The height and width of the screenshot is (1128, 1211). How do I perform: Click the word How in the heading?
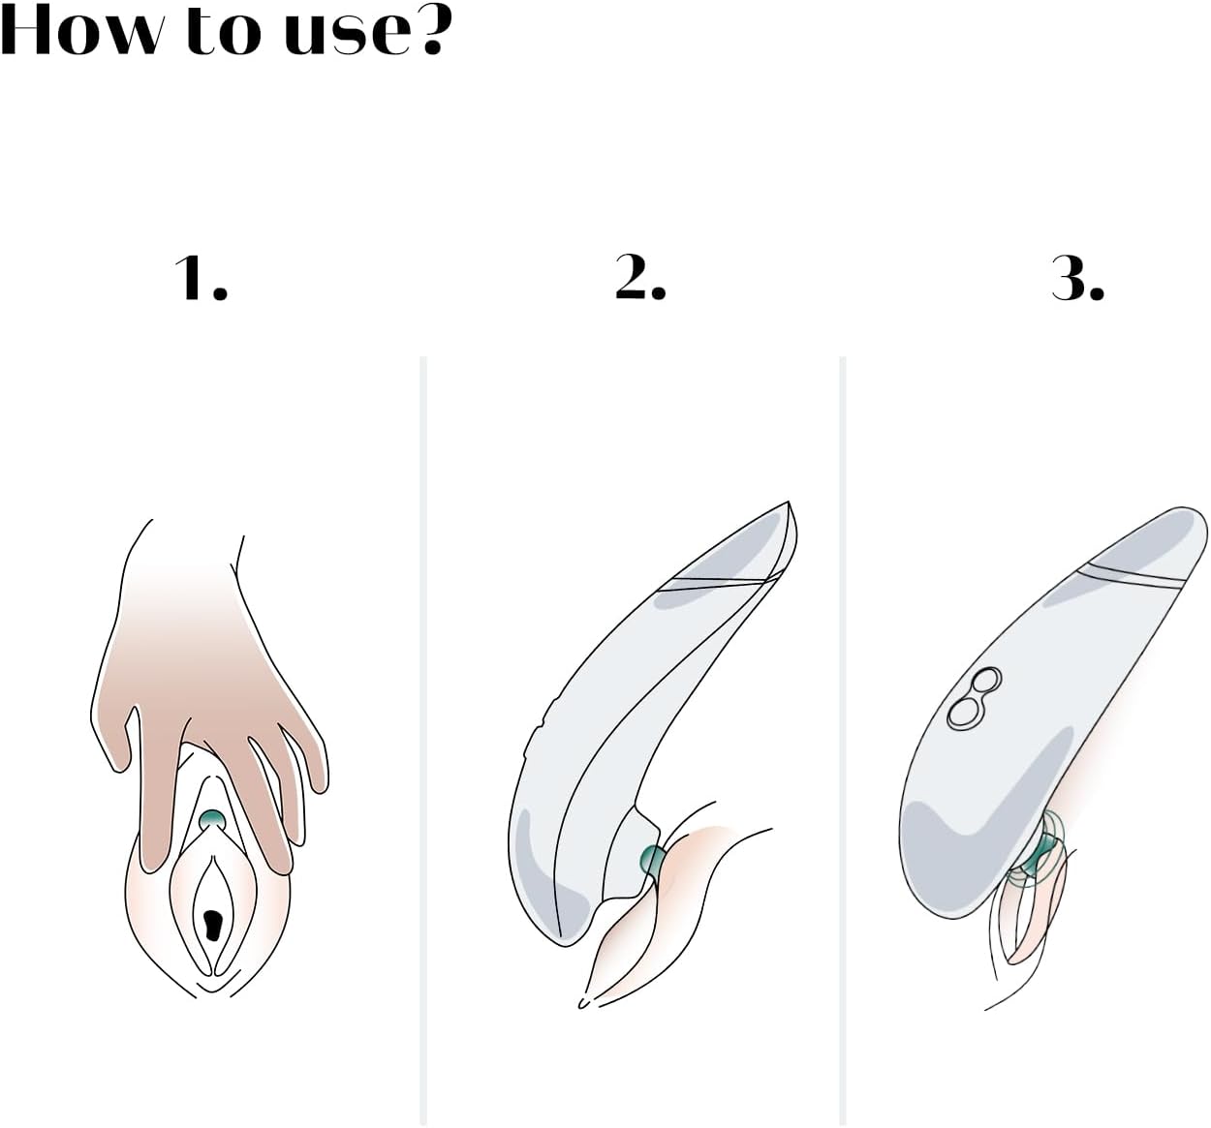pyautogui.click(x=79, y=30)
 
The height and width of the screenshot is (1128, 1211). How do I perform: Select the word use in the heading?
pyautogui.click(x=347, y=38)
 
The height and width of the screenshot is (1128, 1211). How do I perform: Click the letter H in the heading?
pyautogui.click(x=25, y=30)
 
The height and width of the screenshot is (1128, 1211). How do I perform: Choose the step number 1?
pyautogui.click(x=201, y=278)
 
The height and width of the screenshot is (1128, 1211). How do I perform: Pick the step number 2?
pyautogui.click(x=640, y=278)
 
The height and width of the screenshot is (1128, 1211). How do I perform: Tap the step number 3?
pyautogui.click(x=1078, y=278)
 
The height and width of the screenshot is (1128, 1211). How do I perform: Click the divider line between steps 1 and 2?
pyautogui.click(x=423, y=740)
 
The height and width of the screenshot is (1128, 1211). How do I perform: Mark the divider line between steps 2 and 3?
pyautogui.click(x=843, y=740)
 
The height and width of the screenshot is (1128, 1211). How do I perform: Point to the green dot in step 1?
pyautogui.click(x=212, y=819)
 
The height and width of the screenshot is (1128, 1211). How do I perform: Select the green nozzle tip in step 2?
pyautogui.click(x=650, y=861)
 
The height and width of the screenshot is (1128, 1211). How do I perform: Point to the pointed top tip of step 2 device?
pyautogui.click(x=788, y=503)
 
